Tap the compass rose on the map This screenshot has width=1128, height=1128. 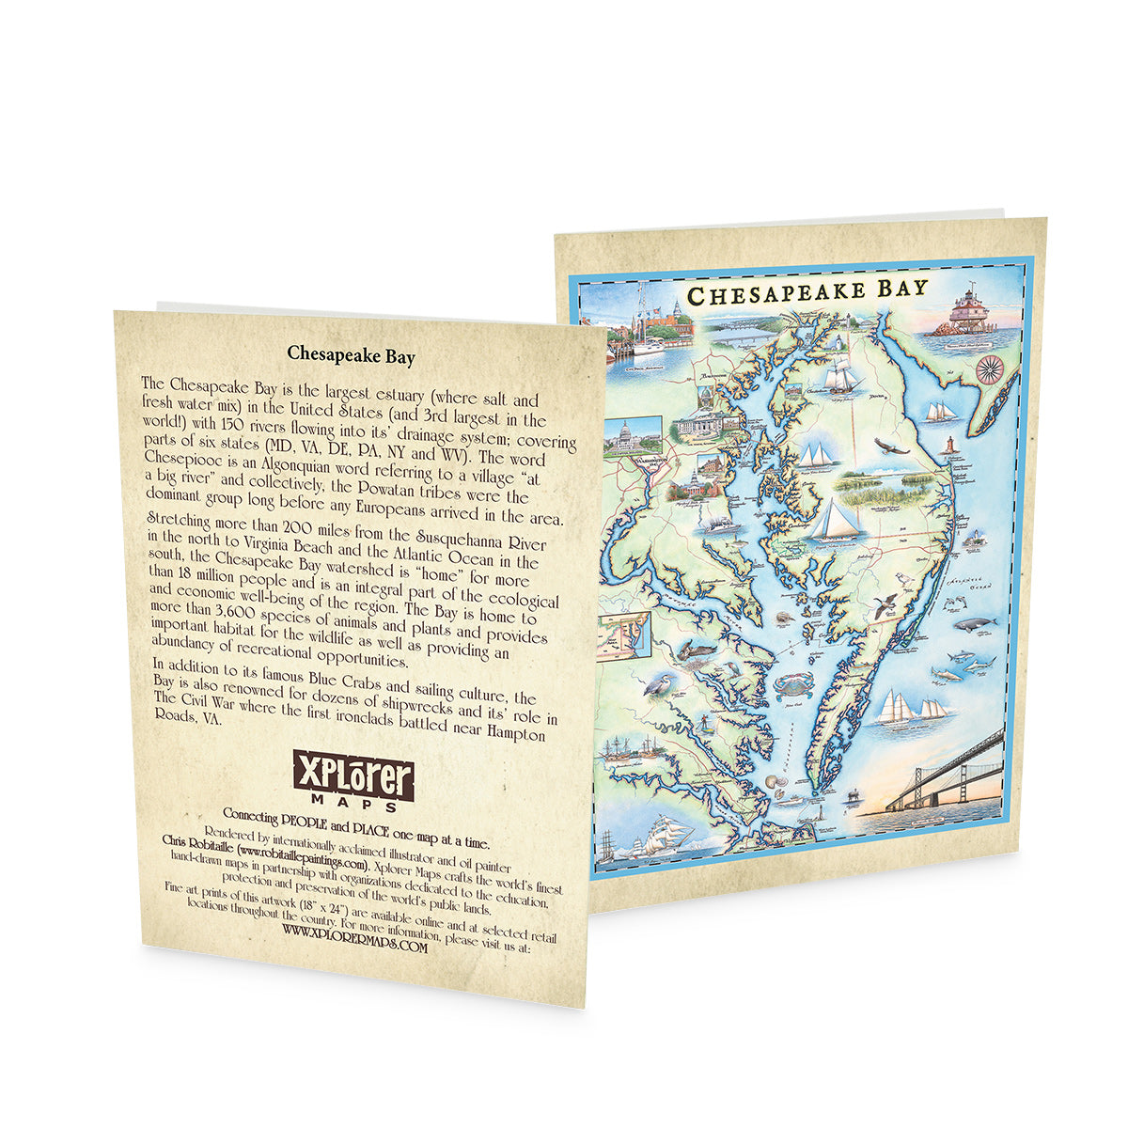(x=990, y=368)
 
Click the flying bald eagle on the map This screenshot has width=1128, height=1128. (x=890, y=446)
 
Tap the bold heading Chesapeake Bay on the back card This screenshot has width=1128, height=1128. (x=351, y=354)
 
